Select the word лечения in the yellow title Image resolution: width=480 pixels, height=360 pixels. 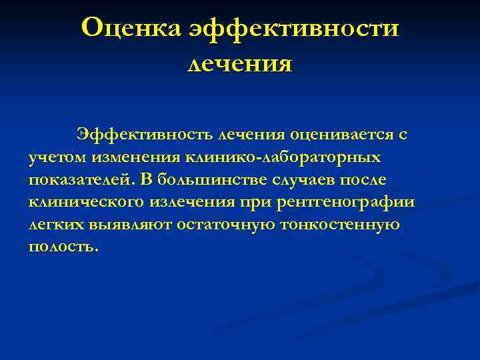240,64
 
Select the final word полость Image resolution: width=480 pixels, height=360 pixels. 63,247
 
